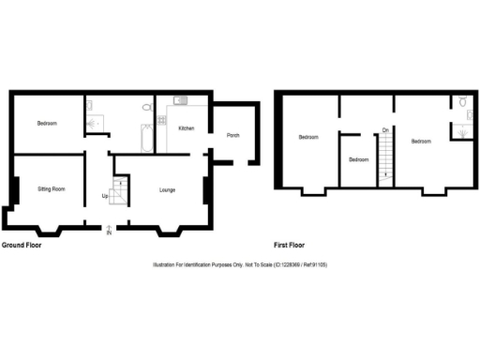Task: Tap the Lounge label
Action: [x=168, y=189]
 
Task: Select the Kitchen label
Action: [x=186, y=127]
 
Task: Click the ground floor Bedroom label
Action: [x=48, y=124]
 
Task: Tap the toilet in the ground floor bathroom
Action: [x=146, y=109]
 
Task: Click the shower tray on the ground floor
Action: [x=92, y=121]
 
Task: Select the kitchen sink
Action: [x=180, y=100]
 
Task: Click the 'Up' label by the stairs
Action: [x=105, y=196]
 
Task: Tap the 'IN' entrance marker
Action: [x=109, y=232]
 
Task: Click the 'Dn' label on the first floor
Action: [x=385, y=130]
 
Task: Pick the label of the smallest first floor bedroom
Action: [x=359, y=159]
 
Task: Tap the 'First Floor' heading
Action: [x=292, y=245]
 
